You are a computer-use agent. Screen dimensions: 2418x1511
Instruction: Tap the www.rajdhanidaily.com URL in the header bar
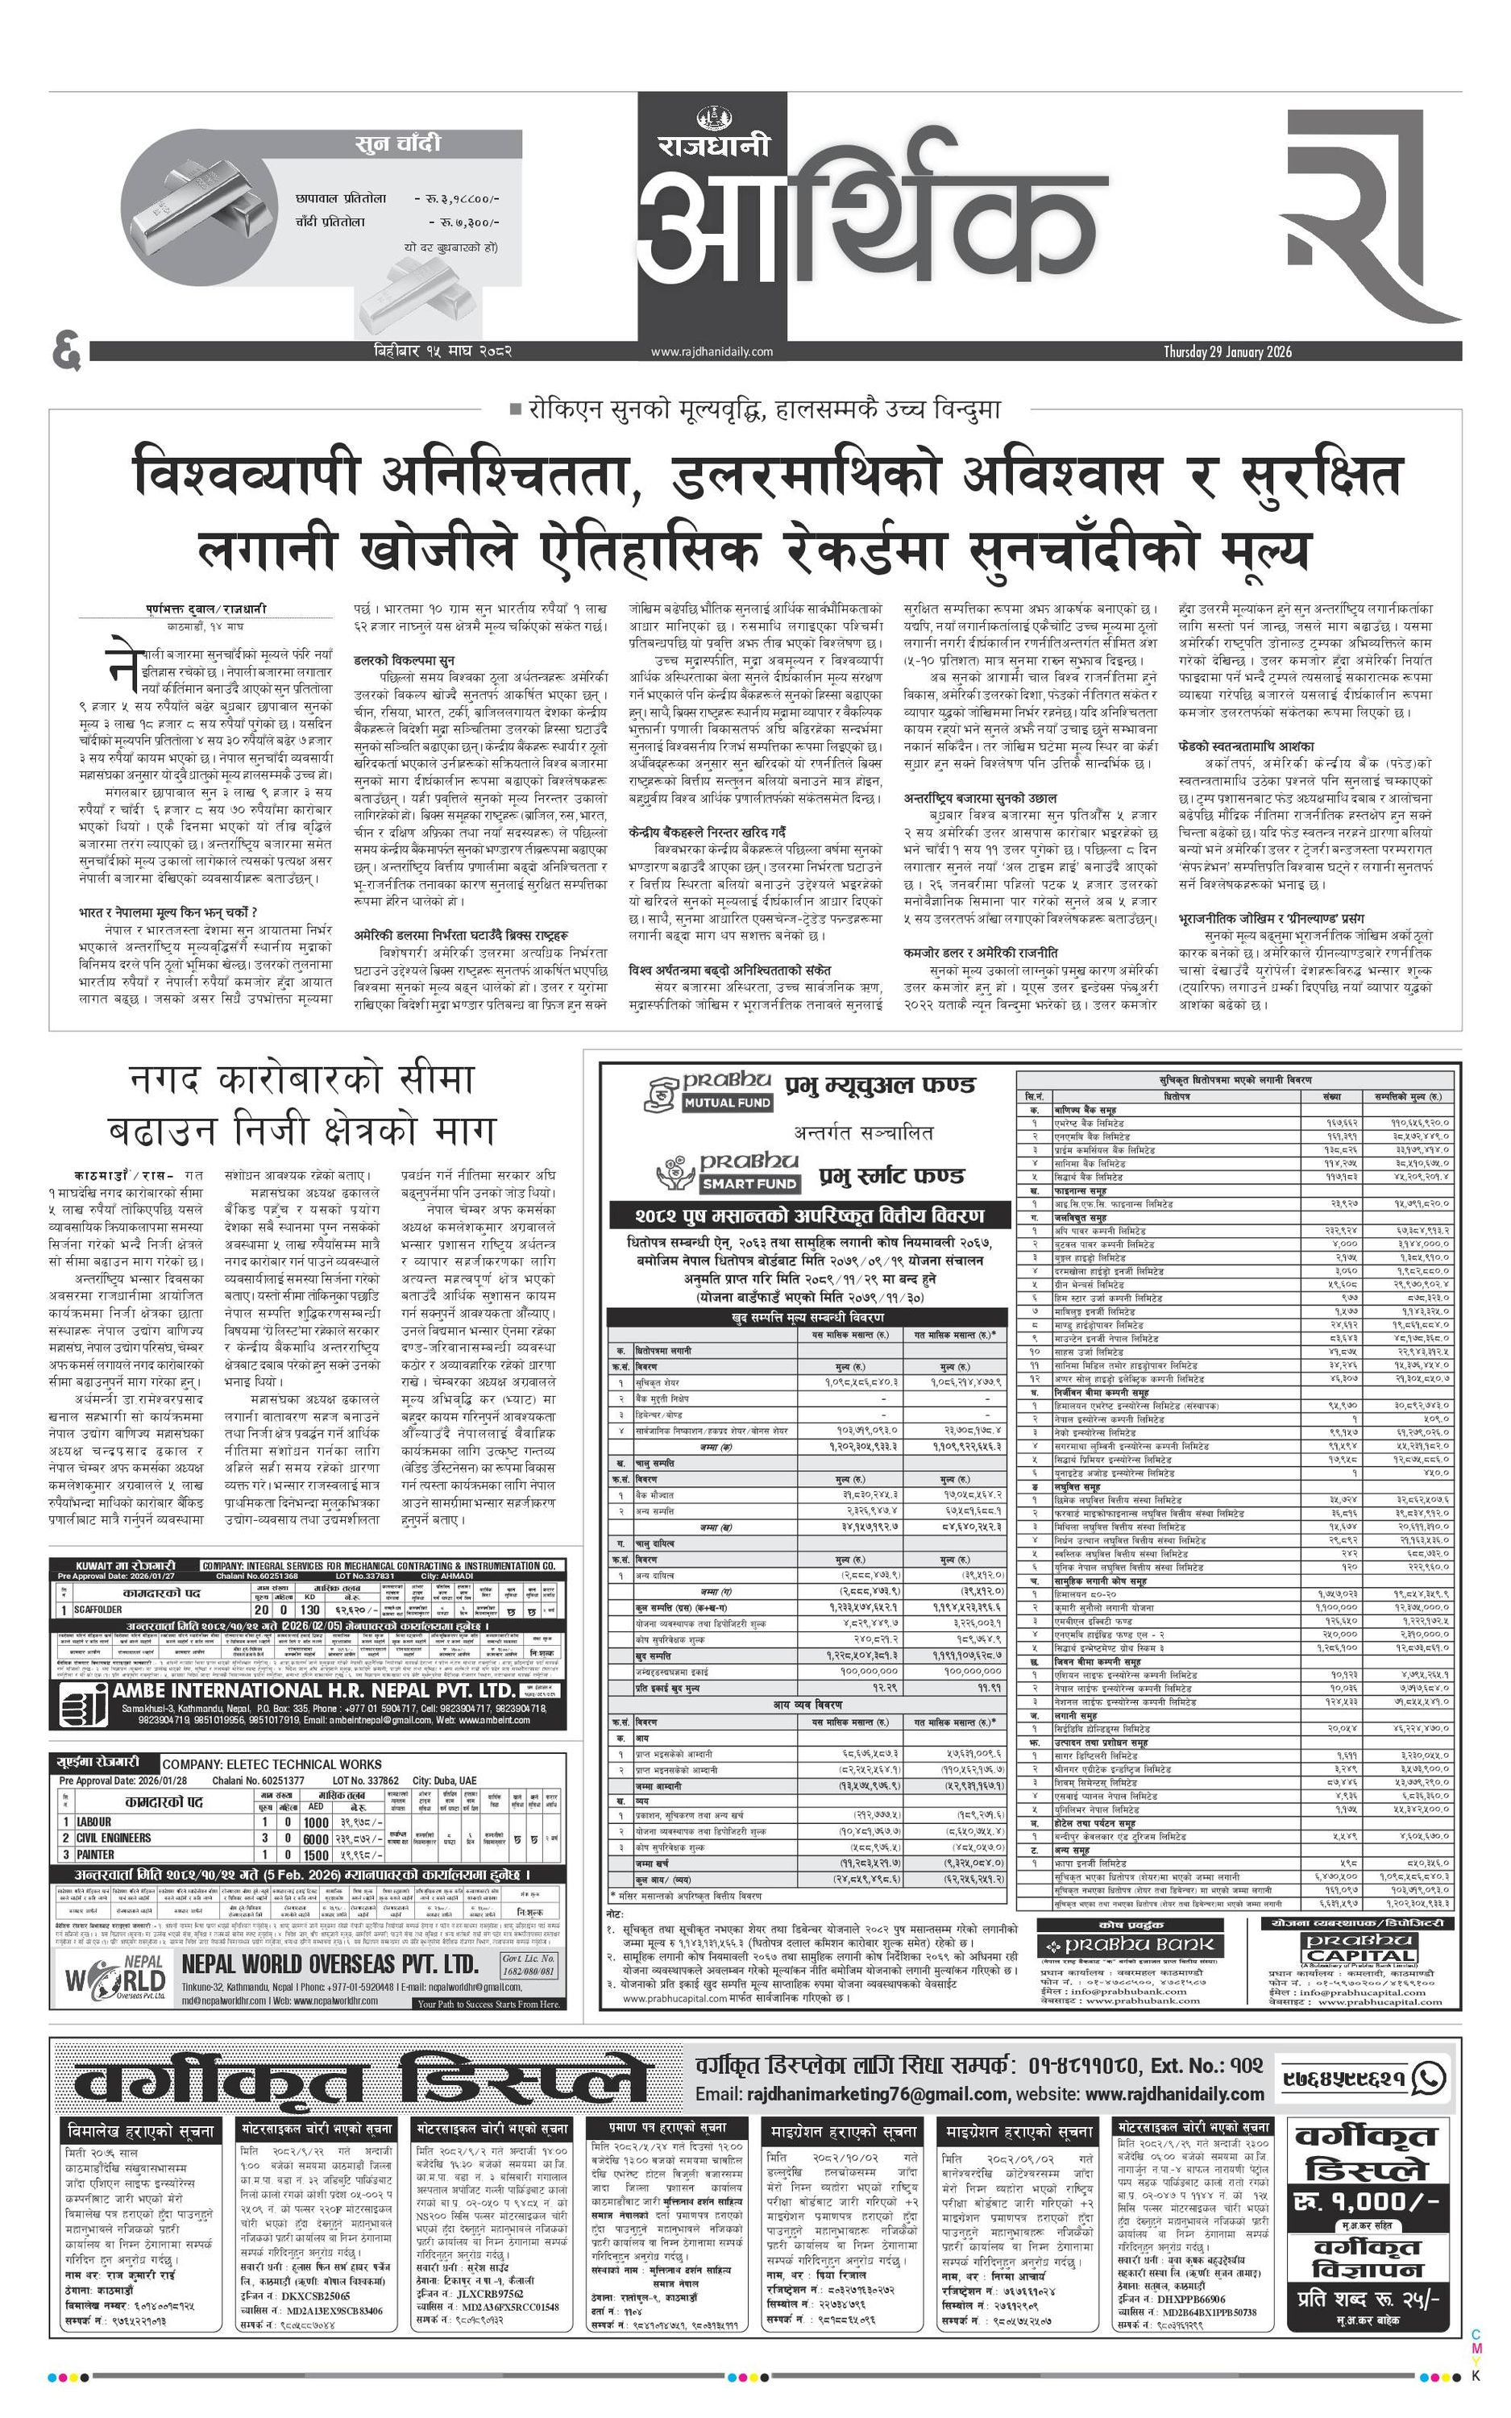712,351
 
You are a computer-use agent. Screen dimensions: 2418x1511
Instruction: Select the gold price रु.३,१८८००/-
457,199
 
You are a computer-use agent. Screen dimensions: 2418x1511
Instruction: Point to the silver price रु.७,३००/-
463,222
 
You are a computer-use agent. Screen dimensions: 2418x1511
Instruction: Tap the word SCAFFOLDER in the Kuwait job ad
99,1610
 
